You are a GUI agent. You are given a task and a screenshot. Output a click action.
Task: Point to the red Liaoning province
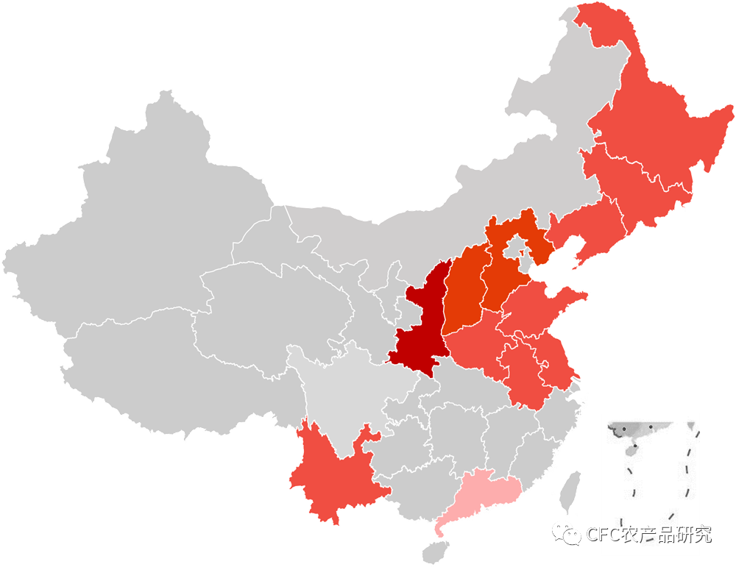point(589,228)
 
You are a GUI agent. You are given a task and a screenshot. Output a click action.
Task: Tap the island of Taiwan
point(567,493)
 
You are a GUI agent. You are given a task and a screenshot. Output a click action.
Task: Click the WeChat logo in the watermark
point(567,533)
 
